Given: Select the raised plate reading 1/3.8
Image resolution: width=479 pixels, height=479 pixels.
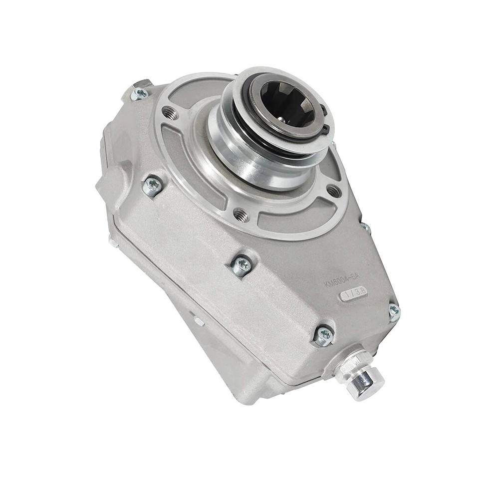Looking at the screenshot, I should (354, 294).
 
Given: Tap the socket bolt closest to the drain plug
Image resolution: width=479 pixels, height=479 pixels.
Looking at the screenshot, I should (323, 336).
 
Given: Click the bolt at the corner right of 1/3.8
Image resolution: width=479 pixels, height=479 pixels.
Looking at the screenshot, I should (394, 312).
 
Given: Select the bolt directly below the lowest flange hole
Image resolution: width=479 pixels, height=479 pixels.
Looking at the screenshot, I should (241, 266).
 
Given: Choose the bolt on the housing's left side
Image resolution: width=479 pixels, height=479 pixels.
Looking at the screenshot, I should (152, 186).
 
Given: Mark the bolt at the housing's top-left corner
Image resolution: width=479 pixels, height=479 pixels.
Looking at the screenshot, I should (140, 93).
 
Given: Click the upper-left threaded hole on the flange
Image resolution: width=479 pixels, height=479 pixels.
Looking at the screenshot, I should (170, 114).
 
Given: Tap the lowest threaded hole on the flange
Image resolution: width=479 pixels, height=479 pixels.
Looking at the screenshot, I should (241, 215).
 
